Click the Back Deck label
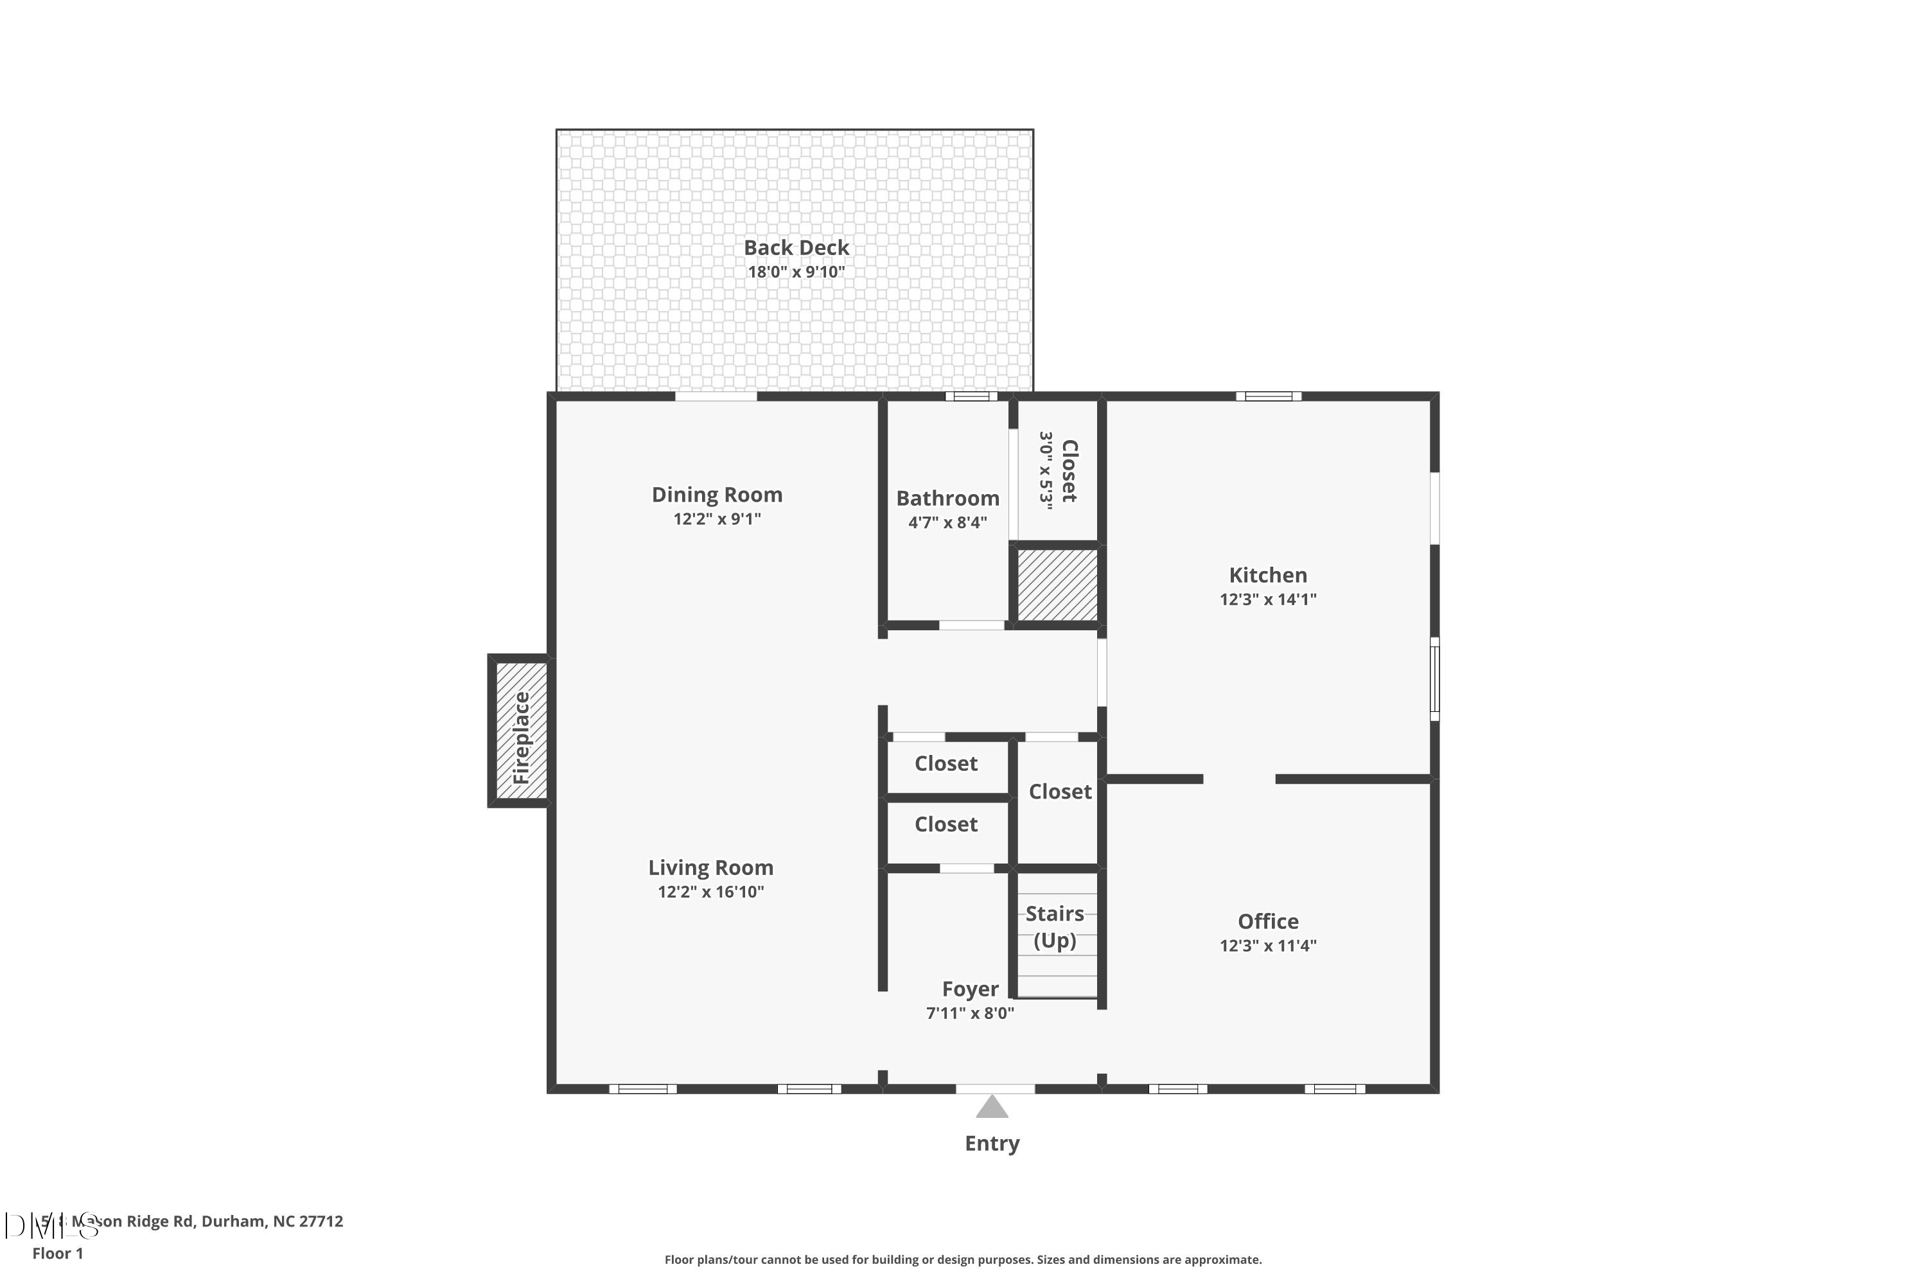tap(796, 247)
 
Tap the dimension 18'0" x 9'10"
tap(796, 272)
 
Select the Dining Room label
tap(717, 495)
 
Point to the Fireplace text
tap(522, 738)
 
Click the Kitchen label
tap(1267, 575)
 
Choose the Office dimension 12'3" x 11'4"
tap(1267, 946)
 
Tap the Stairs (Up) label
tap(1055, 926)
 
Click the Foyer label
tap(970, 989)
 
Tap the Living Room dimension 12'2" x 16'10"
tap(710, 892)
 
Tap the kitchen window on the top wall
tap(1268, 396)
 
